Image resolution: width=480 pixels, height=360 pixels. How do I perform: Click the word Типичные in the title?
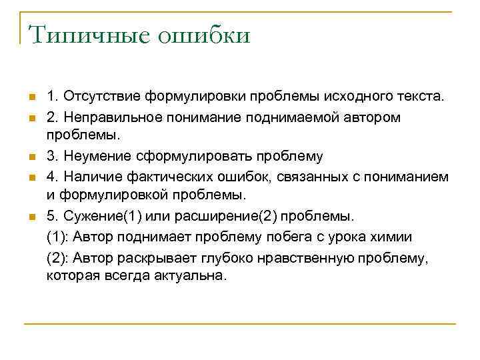click(x=85, y=34)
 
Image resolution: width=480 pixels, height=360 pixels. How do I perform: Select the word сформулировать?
click(x=189, y=156)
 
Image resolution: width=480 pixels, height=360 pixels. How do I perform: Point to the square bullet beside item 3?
click(x=31, y=157)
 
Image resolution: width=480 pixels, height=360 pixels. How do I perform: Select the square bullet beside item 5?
click(x=31, y=217)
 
